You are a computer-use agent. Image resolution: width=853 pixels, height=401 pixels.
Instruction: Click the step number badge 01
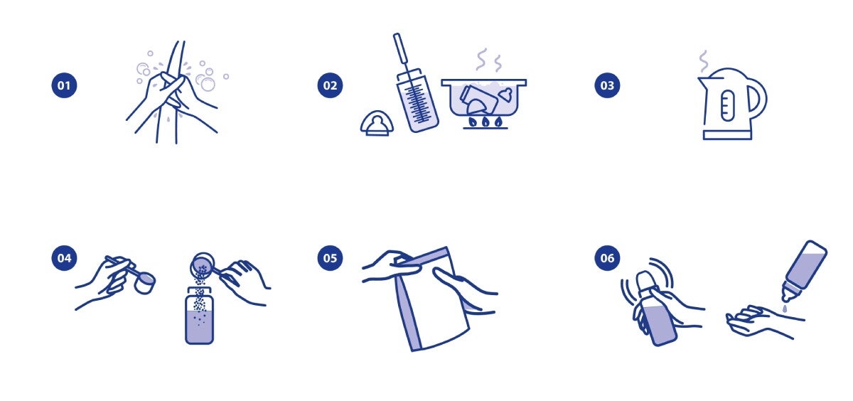pos(64,85)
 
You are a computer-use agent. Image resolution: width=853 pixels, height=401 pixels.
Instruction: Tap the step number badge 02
pos(330,85)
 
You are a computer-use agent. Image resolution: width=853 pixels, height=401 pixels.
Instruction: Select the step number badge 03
pos(607,85)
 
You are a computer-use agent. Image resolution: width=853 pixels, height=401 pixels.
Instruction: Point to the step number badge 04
pos(64,258)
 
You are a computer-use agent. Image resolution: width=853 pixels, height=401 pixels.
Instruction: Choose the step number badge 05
pos(330,258)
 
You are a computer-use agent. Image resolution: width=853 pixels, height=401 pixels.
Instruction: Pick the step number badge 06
pos(607,258)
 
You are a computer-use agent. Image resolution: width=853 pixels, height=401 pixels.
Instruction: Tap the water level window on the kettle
pos(727,105)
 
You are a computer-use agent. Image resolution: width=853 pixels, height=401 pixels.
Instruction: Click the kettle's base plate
pos(727,135)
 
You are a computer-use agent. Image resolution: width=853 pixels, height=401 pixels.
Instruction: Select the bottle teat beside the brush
pos(377,124)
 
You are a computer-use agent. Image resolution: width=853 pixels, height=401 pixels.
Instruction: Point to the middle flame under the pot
pos(485,122)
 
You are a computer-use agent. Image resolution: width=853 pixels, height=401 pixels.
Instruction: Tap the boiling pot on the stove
pos(483,97)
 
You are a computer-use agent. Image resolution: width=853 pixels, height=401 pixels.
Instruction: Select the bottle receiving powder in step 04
pos(199,316)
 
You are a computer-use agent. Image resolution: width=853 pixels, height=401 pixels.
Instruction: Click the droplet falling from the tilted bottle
pos(785,308)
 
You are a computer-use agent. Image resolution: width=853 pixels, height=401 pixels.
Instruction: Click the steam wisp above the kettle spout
pos(704,61)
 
